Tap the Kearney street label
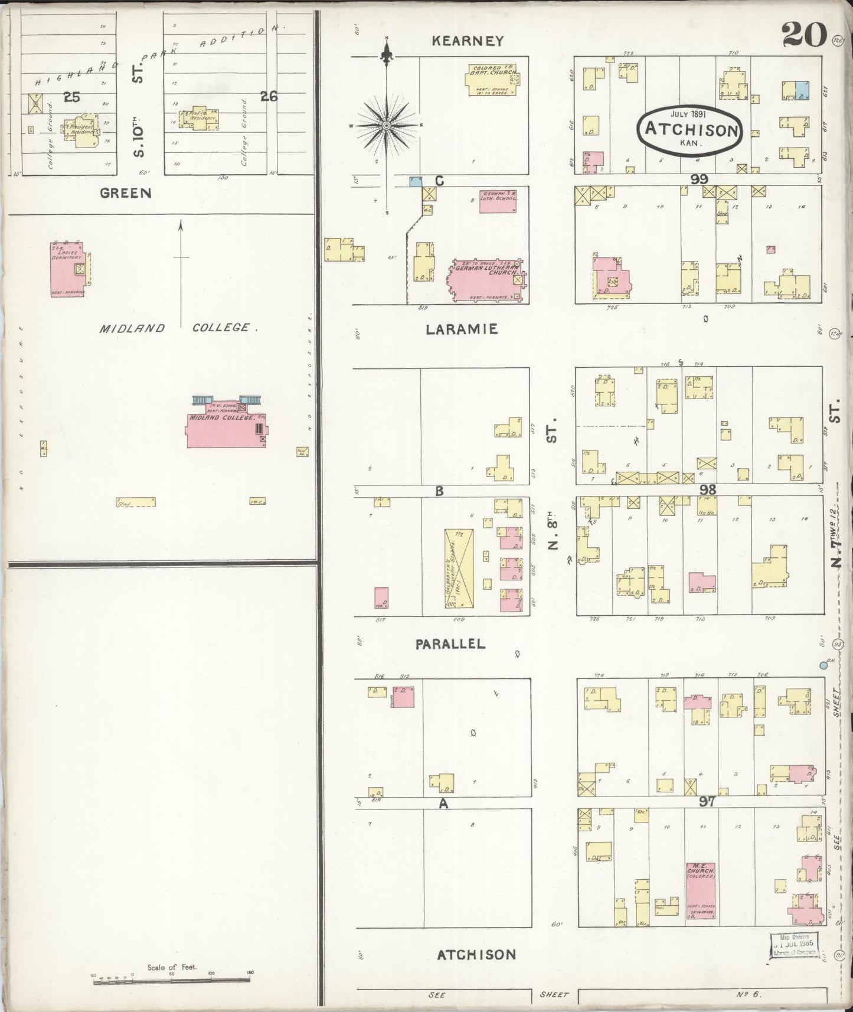tap(468, 41)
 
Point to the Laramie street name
tap(462, 329)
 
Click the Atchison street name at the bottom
tap(476, 954)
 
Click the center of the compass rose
tap(386, 125)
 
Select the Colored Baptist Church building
tap(495, 79)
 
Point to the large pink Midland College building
tap(226, 430)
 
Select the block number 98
tap(707, 489)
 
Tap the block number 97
tap(707, 801)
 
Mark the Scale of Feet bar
tap(172, 981)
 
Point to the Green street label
tap(125, 192)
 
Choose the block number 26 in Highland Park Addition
tap(269, 96)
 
